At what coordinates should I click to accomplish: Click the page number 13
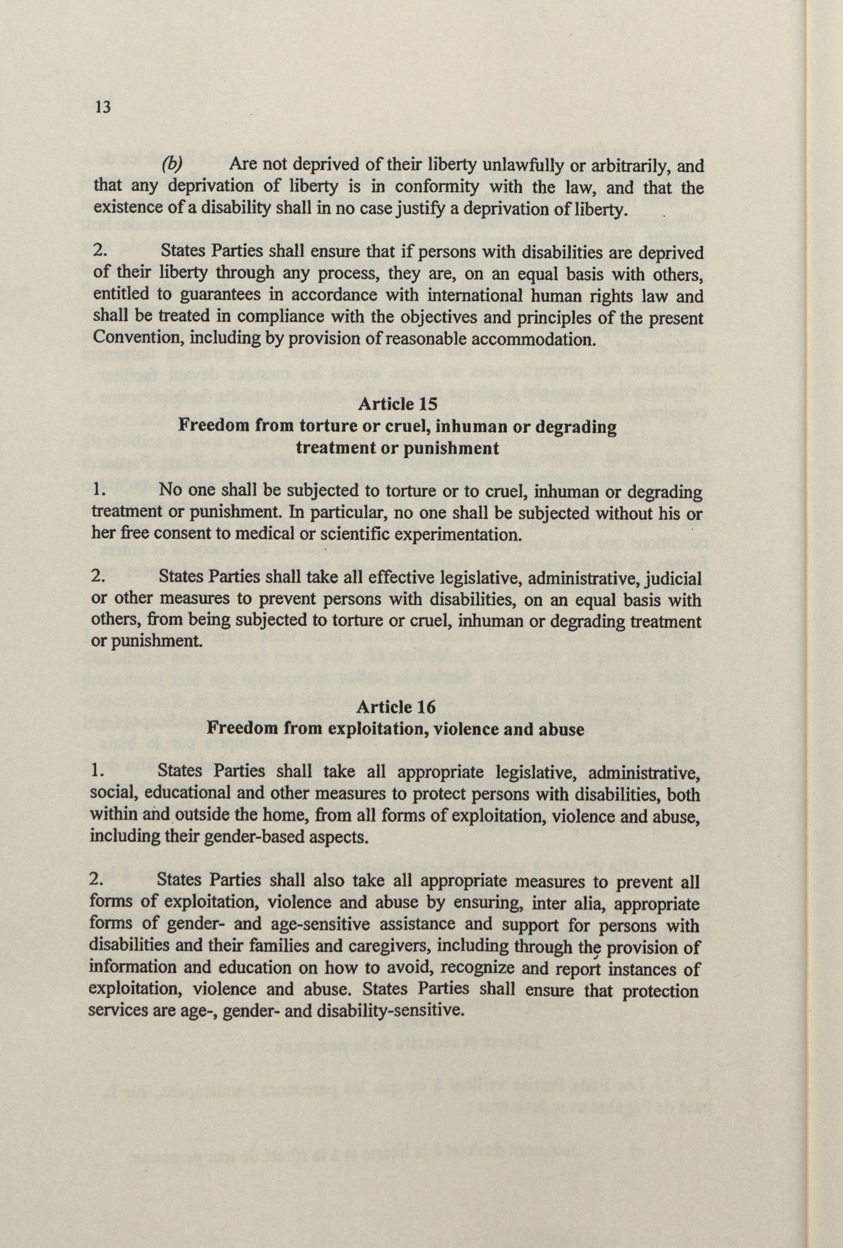pos(102,107)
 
